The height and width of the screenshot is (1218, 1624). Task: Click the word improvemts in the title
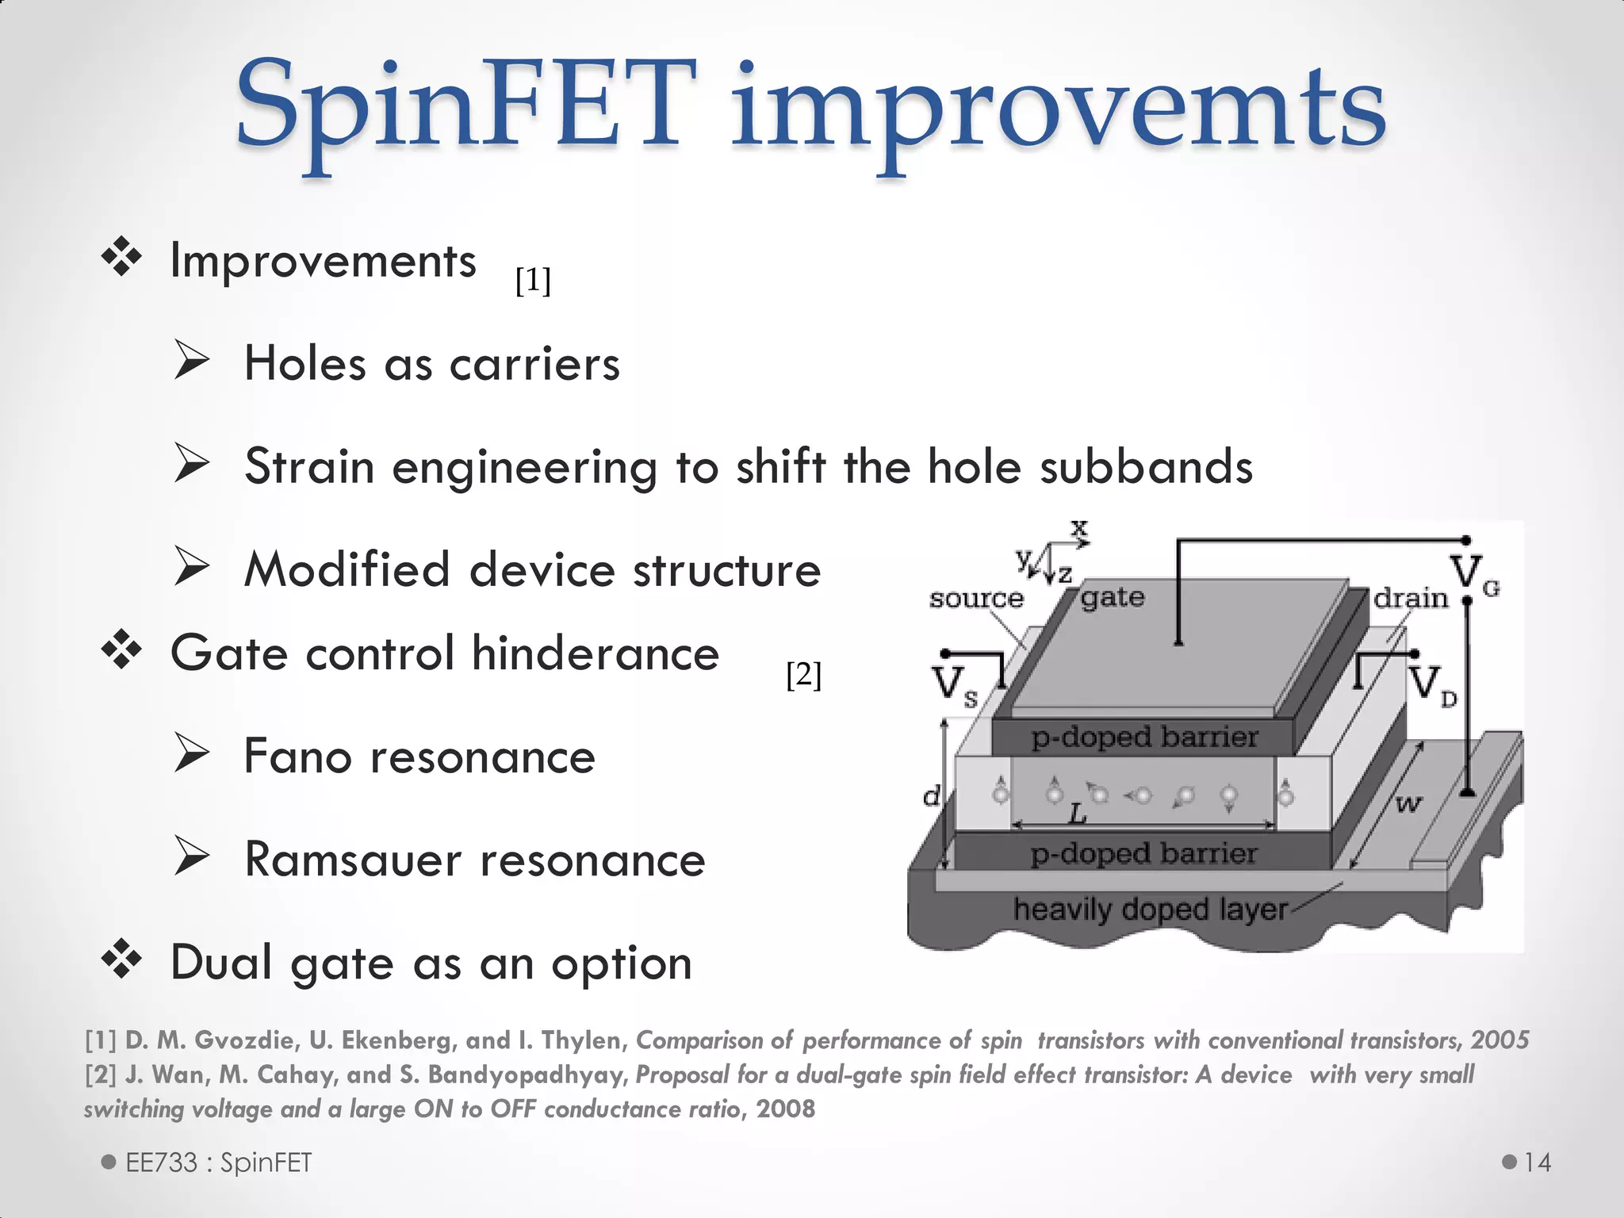coord(1058,111)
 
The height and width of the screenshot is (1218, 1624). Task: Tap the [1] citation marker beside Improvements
coord(533,280)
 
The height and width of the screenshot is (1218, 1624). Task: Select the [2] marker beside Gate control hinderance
coord(803,676)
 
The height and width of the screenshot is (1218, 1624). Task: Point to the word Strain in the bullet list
coord(309,466)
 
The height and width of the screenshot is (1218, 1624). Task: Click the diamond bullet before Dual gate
coord(122,959)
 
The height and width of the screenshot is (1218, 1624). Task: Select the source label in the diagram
coord(976,598)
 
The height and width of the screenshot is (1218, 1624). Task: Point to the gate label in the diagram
coord(1113,596)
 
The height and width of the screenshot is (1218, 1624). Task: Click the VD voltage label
coord(1432,684)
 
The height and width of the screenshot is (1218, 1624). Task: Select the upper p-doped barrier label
coord(1144,737)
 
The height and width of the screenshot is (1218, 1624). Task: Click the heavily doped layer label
coord(1150,910)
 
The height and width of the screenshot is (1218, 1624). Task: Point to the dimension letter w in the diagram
coord(1408,805)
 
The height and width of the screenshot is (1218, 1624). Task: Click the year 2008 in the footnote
coord(785,1109)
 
